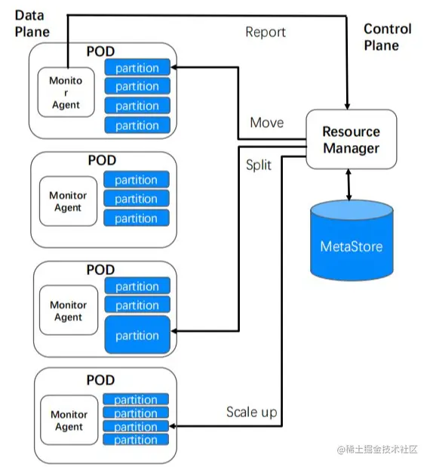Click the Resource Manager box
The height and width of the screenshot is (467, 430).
352,139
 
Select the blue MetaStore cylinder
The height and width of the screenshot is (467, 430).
352,240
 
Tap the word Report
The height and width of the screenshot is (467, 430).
266,32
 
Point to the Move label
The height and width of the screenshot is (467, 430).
267,122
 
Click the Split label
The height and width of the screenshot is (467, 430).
259,165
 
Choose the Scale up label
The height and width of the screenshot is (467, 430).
251,412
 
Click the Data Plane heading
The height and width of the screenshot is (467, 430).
32,23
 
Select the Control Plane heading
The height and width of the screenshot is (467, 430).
388,37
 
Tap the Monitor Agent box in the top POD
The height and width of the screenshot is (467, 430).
66,92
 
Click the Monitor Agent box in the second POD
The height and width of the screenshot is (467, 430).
68,201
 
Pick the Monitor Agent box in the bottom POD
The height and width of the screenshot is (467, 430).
69,420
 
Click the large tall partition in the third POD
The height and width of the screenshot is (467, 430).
137,335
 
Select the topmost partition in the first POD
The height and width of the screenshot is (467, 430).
137,67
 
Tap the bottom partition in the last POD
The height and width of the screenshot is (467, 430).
136,440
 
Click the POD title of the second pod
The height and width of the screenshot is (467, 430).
102,160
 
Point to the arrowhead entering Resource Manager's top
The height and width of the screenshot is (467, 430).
347,107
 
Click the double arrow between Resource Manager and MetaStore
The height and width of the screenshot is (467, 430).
349,184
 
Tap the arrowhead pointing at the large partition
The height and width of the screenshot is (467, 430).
174,331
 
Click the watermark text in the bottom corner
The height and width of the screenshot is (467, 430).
377,450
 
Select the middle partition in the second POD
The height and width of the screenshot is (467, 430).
137,199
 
